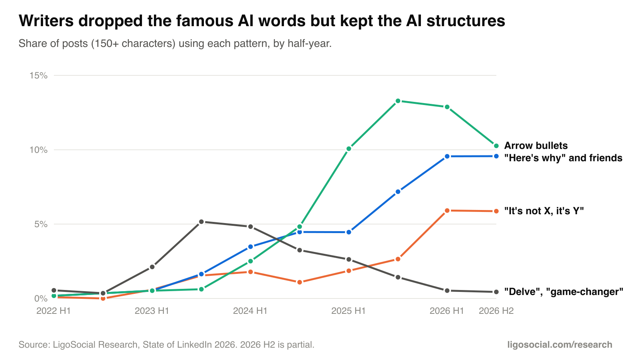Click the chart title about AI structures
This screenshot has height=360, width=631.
tap(262, 21)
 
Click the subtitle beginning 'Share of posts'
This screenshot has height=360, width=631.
tap(175, 44)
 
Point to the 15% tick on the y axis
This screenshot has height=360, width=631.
tap(38, 75)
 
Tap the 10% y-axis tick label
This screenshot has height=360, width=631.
tap(38, 150)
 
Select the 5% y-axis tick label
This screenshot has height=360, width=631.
tap(41, 224)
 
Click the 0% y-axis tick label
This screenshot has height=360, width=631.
tap(41, 298)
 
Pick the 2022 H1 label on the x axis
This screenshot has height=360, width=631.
tap(53, 311)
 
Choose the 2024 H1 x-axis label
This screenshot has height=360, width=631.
tap(250, 311)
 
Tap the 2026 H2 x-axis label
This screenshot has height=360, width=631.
tap(496, 311)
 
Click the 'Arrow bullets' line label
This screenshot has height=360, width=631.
tap(536, 146)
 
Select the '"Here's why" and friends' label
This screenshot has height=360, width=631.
tap(563, 158)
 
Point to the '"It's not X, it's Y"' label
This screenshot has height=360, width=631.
tap(544, 211)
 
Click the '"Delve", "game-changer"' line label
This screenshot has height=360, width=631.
tap(563, 292)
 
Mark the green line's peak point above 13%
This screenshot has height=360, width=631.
tap(398, 101)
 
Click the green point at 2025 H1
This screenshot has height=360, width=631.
tap(349, 149)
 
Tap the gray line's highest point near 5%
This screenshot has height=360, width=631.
tap(201, 222)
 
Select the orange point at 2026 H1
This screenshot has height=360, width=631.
tap(447, 211)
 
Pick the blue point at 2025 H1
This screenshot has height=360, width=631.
tap(349, 232)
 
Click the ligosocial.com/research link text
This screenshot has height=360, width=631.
tap(560, 345)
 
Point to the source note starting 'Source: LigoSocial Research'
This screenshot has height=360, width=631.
tap(167, 345)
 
